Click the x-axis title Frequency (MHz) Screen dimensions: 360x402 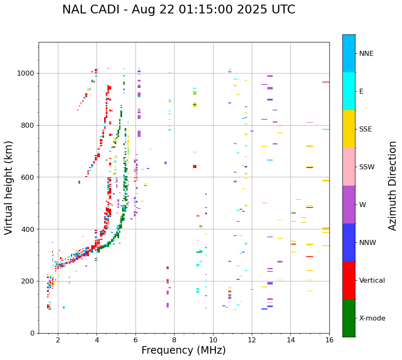tap(183, 350)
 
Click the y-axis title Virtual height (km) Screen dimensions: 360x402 tap(9, 188)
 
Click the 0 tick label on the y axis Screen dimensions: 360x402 tap(32, 333)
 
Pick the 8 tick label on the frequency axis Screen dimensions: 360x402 tap(174, 340)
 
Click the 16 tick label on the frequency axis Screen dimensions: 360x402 tap(329, 340)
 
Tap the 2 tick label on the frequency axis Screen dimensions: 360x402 tap(58, 340)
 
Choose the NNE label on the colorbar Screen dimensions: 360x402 tap(366, 54)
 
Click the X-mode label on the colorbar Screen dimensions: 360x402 tap(372, 318)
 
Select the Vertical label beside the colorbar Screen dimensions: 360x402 tap(372, 281)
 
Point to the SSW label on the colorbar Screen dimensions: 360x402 tap(367, 167)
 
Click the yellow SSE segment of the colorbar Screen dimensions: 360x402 tap(349, 129)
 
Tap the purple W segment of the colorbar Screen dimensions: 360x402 tap(349, 205)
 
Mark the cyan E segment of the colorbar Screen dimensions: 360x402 tap(349, 91)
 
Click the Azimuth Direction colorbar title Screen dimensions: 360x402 tap(392, 186)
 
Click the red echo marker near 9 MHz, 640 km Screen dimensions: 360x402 tap(195, 167)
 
